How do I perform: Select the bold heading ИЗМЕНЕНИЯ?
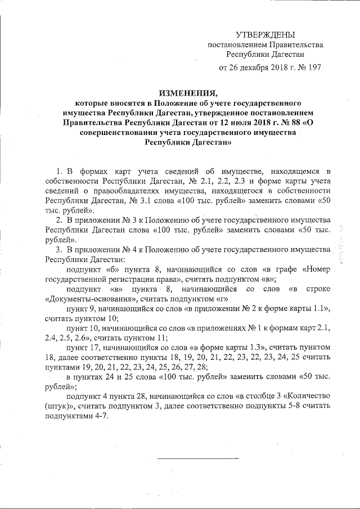(x=188, y=93)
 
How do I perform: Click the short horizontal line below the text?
(x=197, y=458)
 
